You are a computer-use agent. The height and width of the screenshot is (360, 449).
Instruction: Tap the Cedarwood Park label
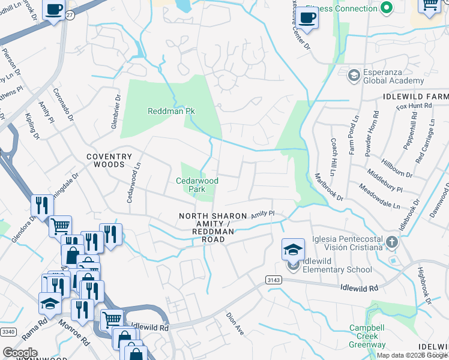click(x=197, y=184)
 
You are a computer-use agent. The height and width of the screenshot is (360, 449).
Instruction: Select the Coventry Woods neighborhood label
click(x=109, y=160)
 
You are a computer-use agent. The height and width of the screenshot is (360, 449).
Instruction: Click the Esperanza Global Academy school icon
click(x=354, y=75)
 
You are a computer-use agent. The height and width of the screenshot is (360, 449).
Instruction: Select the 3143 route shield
click(x=274, y=280)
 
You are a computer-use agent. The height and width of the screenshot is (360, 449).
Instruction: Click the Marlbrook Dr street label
click(x=330, y=187)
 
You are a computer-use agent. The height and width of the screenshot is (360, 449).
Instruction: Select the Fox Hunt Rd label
click(x=414, y=106)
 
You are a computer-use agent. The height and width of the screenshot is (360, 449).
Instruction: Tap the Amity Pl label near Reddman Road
click(x=262, y=214)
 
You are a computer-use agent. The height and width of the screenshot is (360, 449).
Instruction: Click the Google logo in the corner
click(x=20, y=353)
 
